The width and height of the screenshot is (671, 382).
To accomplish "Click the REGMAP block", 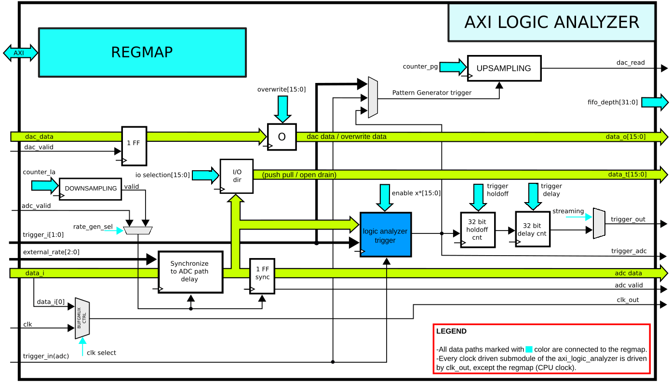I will (142, 52).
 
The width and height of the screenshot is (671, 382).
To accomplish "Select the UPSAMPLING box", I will (504, 68).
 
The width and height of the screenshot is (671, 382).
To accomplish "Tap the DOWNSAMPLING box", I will (91, 189).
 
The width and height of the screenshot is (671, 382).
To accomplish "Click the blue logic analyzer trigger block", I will (385, 235).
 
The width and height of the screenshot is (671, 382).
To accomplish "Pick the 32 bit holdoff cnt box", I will (477, 230).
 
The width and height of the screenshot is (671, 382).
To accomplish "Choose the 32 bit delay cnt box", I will (532, 229).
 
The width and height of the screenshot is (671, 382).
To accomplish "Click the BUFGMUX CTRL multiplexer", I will (82, 318).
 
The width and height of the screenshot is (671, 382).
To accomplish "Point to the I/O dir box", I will (237, 176).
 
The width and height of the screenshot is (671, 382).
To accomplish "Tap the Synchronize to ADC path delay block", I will (190, 272).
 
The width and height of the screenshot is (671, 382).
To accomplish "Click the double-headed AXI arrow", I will (20, 53).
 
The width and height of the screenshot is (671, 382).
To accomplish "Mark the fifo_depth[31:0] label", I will (613, 102).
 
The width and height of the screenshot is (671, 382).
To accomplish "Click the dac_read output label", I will (630, 63).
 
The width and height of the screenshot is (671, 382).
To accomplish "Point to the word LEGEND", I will (451, 331).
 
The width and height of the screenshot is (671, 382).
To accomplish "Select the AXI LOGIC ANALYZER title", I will (551, 22).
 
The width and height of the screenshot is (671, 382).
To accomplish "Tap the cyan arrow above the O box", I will (282, 109).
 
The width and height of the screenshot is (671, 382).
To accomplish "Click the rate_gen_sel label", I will (93, 227).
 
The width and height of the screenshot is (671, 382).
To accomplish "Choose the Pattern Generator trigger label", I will (431, 93).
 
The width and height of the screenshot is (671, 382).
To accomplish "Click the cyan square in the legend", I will (529, 350).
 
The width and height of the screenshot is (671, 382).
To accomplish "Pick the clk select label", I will (101, 353).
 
